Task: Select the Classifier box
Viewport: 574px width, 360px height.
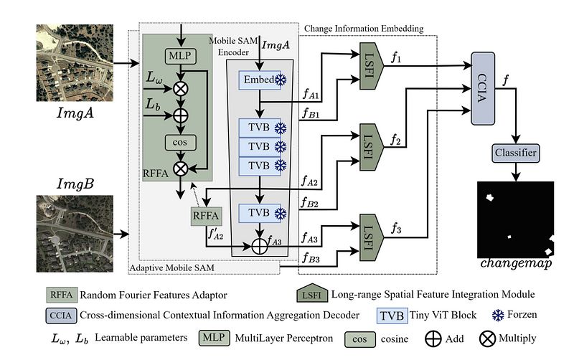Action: pyautogui.click(x=515, y=153)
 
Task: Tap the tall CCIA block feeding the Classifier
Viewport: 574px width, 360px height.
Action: pyautogui.click(x=483, y=88)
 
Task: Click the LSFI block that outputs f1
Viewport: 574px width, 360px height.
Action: pyautogui.click(x=371, y=66)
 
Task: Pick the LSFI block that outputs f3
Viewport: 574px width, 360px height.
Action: pyautogui.click(x=371, y=237)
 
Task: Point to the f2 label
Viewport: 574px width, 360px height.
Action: pyautogui.click(x=396, y=139)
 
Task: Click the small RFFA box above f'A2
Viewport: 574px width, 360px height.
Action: pyautogui.click(x=206, y=216)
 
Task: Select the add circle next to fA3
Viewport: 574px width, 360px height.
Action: pyautogui.click(x=260, y=246)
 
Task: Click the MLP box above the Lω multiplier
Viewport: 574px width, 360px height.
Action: pyautogui.click(x=180, y=57)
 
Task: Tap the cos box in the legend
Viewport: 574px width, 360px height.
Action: pyautogui.click(x=360, y=339)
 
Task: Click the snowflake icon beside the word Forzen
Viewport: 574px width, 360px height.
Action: pyautogui.click(x=498, y=315)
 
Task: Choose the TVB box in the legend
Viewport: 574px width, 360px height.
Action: pyautogui.click(x=392, y=316)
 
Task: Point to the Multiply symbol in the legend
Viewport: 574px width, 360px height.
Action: pyautogui.click(x=487, y=339)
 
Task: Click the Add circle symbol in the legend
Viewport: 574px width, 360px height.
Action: pyautogui.click(x=433, y=339)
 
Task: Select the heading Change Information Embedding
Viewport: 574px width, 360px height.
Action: pyautogui.click(x=364, y=29)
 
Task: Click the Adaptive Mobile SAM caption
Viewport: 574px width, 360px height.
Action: pyautogui.click(x=172, y=267)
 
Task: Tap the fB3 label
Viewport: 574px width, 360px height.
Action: pyautogui.click(x=311, y=258)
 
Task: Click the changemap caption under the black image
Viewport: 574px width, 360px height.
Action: pyautogui.click(x=515, y=263)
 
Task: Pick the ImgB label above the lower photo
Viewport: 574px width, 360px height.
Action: pyautogui.click(x=75, y=184)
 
